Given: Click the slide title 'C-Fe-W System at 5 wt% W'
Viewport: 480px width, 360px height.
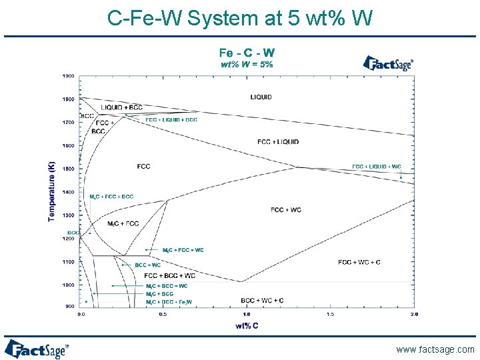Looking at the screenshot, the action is coord(240,19).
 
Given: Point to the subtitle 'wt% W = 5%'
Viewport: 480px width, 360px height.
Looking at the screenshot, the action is coord(247,64).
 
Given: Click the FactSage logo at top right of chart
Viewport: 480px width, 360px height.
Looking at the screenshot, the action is coord(388,63).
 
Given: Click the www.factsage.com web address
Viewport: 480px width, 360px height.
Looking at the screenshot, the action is coord(435,349).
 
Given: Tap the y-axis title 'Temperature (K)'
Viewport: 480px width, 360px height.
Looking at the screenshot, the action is coord(52,190).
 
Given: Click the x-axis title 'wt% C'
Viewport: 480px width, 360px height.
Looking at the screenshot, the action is coord(247,325).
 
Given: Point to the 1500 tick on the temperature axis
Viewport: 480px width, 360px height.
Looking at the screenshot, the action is coord(68,169).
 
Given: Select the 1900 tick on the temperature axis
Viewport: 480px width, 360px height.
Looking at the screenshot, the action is coord(68,76).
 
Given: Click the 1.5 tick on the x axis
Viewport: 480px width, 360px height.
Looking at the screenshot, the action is coord(331,314).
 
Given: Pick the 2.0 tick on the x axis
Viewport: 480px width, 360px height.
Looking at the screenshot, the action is coord(414,314).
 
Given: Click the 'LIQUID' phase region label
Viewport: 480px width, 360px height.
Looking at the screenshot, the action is coord(261,97).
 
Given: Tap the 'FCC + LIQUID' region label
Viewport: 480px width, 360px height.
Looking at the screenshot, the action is coord(278,141).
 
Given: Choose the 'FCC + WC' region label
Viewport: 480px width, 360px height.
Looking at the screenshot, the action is coord(286,210).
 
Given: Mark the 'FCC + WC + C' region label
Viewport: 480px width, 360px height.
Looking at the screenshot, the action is coord(359,262).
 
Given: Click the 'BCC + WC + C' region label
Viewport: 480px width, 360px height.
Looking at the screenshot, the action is coord(262,301).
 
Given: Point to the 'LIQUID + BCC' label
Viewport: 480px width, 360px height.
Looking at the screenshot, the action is coord(121,107).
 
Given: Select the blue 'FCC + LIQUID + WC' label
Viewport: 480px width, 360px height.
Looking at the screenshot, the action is coord(377,166).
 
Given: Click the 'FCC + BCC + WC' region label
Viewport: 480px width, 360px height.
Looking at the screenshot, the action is coord(170,275).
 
